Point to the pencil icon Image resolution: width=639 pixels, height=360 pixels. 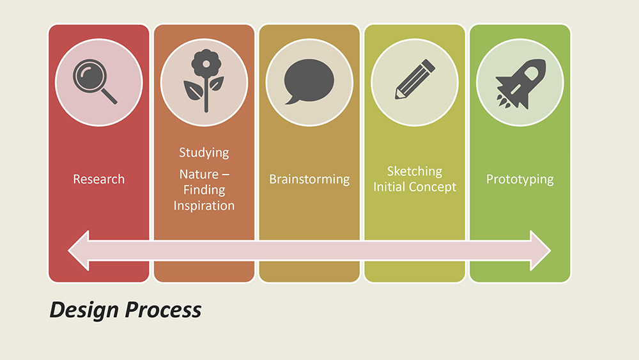[415, 79]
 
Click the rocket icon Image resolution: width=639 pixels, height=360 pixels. [520, 84]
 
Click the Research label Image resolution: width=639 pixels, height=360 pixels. [98, 179]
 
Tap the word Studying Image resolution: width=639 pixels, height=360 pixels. [204, 153]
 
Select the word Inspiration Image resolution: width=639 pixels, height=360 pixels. [204, 205]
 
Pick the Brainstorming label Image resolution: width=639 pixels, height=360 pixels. [309, 180]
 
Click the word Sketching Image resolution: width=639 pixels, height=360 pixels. [415, 171]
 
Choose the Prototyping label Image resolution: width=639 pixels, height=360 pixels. [520, 180]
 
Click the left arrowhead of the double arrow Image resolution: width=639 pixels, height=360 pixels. [79, 250]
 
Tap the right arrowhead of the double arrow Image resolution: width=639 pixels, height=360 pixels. [541, 250]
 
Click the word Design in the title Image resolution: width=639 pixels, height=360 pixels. [84, 310]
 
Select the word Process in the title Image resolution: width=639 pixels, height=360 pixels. [163, 310]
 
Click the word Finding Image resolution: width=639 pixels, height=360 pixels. [204, 190]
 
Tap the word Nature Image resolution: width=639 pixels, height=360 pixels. [199, 175]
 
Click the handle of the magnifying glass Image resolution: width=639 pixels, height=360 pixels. [109, 96]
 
